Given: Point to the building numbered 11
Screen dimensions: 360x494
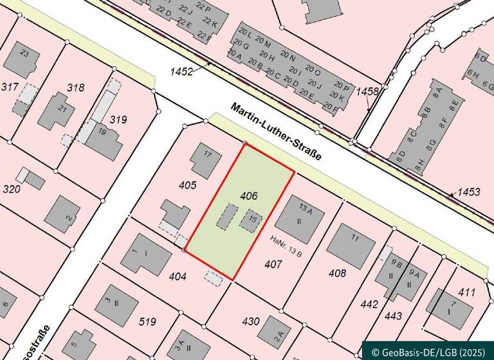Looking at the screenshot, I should point(350,242).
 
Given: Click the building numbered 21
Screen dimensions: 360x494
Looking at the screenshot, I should point(57,111).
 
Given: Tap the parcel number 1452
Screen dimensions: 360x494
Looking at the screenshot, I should point(181,72).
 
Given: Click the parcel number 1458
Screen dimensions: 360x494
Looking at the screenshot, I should point(367,92).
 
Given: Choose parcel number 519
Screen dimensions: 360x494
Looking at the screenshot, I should point(148,321).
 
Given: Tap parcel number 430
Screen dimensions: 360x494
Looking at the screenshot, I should point(251,321).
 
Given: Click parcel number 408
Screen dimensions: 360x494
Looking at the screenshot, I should point(337,273).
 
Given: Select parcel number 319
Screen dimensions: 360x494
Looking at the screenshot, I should point(118,120).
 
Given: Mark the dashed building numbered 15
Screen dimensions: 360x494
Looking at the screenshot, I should point(251,220).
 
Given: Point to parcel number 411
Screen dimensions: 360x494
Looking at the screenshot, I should point(467,292).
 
